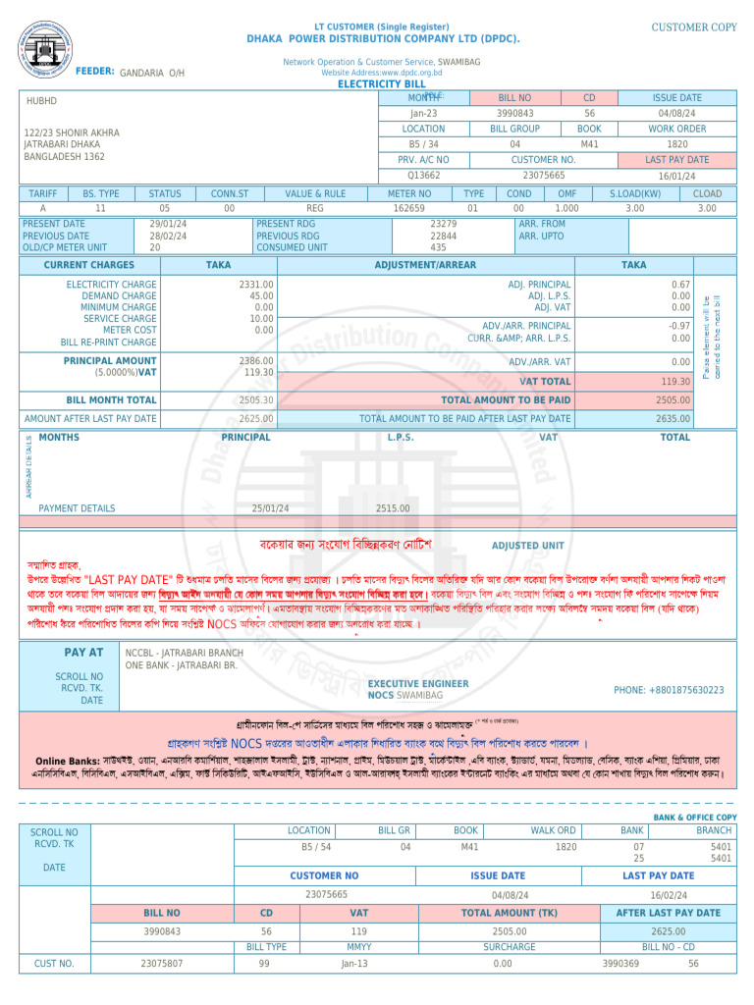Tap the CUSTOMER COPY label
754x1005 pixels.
[x=694, y=27]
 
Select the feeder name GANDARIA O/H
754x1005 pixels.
[x=151, y=74]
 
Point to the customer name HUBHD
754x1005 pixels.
[x=41, y=101]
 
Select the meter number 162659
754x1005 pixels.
[x=408, y=208]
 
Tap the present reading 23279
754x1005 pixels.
[x=443, y=224]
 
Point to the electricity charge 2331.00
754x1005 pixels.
[x=256, y=285]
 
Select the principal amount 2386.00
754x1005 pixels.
[x=256, y=361]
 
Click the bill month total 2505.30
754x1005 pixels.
[x=256, y=400]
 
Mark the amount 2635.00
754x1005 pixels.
[x=673, y=419]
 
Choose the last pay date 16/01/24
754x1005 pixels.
[x=676, y=175]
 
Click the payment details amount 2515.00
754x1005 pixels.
[x=393, y=508]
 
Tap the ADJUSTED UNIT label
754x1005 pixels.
[x=527, y=546]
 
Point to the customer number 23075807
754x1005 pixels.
[x=162, y=964]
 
